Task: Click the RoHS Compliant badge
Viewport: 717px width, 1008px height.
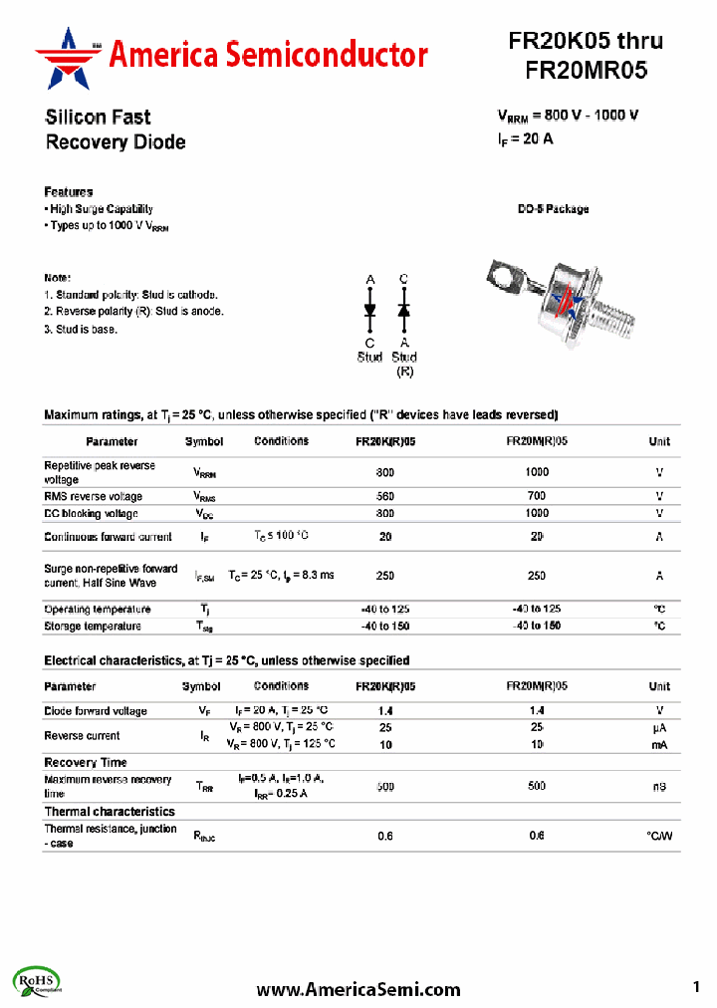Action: (x=39, y=981)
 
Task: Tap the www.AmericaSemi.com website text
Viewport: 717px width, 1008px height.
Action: (x=358, y=989)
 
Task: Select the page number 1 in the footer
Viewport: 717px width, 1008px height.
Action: (x=696, y=987)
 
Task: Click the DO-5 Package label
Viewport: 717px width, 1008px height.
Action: (x=553, y=209)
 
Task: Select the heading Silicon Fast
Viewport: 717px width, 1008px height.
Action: (x=99, y=118)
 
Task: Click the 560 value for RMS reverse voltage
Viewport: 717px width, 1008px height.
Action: (x=385, y=496)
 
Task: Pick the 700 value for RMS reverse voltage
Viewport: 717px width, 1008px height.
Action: (x=537, y=496)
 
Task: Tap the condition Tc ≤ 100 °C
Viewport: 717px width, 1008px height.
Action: (x=282, y=536)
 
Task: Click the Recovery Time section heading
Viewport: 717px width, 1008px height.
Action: (x=86, y=762)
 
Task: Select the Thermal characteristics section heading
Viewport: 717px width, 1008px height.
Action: (x=110, y=812)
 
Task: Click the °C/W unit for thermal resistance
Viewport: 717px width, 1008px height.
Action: (x=659, y=836)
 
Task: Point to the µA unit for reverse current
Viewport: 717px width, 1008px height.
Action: (x=659, y=728)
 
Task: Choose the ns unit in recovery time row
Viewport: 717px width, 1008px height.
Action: (x=659, y=787)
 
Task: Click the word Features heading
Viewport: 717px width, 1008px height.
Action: (x=69, y=191)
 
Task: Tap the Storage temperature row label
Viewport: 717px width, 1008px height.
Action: (x=93, y=627)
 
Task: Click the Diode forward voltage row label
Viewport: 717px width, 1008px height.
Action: (x=96, y=711)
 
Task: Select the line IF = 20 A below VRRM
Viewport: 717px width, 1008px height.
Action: (x=525, y=139)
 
